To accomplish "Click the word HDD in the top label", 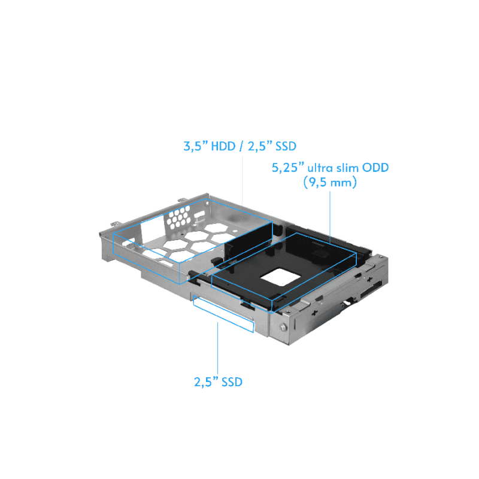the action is coord(223,146).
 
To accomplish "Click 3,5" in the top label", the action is coord(196,146).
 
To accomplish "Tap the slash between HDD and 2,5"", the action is coord(242,146).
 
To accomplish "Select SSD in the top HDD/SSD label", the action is coord(286,146).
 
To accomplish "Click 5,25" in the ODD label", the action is coord(288,168).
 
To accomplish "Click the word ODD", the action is coord(375,168).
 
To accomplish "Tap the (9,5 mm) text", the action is coord(330,183).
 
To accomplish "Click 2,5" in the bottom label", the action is coord(206,382).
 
